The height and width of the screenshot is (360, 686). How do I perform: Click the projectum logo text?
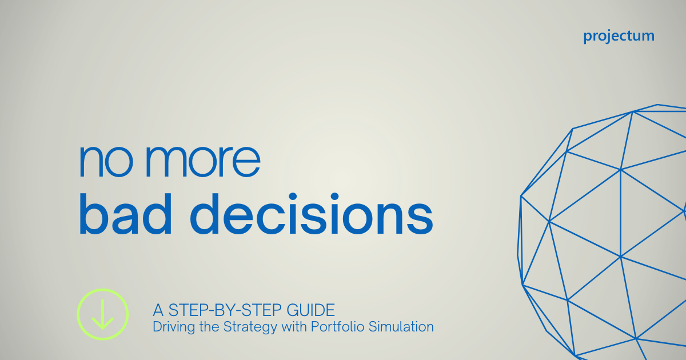point(619,36)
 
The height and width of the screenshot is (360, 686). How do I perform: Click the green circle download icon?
point(103,314)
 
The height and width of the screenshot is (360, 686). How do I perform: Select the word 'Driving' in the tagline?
point(170,328)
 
